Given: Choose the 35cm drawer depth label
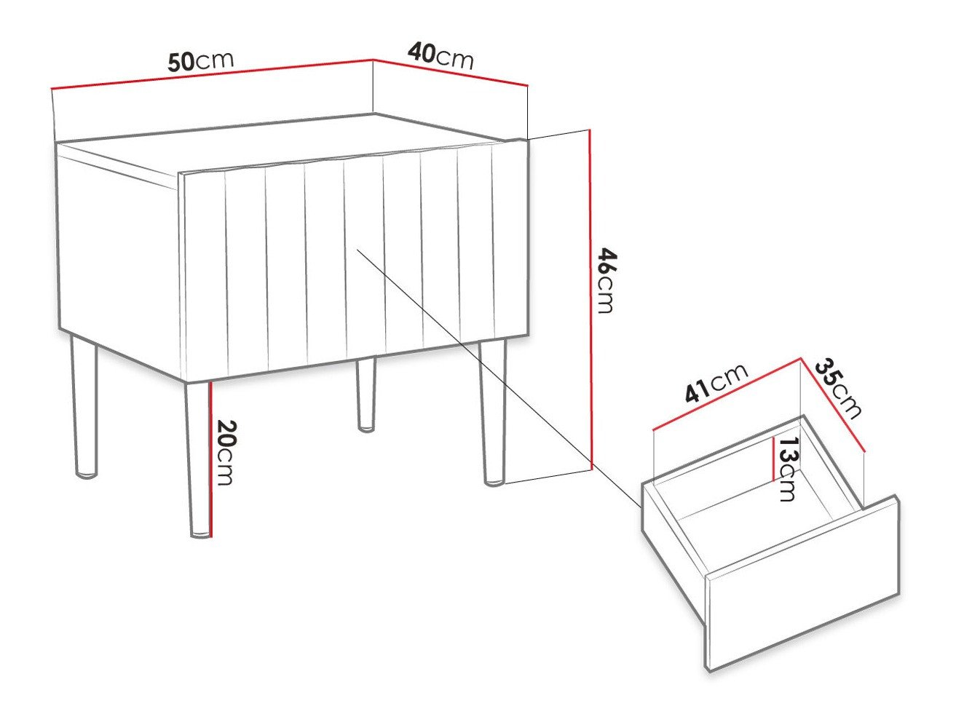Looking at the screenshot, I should tap(838, 388).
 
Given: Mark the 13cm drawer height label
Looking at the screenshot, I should tap(786, 469).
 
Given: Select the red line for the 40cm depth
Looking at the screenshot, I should tap(450, 71).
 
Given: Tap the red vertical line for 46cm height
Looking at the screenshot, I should tap(590, 298).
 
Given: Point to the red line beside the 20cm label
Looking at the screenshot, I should tap(210, 459).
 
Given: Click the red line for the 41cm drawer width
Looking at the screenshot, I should tap(727, 394).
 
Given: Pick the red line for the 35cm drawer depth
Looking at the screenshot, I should tap(832, 405).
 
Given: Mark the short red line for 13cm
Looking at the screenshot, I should tap(773, 459).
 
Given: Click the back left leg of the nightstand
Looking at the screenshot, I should tap(84, 408).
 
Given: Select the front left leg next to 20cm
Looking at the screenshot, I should tap(196, 459).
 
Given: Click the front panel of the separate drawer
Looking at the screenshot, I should tap(801, 582).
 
